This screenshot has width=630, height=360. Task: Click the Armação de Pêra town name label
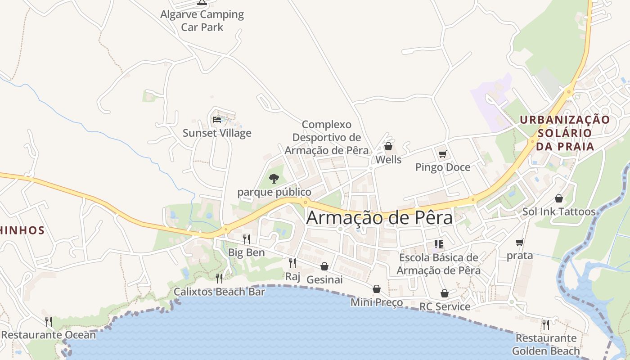(x=379, y=218)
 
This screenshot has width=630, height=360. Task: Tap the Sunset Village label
(x=217, y=133)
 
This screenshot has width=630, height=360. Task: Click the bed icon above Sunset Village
(x=217, y=120)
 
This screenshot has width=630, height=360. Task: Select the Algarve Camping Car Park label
(x=202, y=21)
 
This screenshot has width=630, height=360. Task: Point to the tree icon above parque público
(x=274, y=179)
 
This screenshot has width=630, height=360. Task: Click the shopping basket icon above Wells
(x=388, y=146)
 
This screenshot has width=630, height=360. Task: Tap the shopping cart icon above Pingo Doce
(x=442, y=154)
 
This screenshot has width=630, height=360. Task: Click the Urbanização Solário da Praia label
(x=565, y=133)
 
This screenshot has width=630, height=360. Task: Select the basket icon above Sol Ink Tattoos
(x=559, y=198)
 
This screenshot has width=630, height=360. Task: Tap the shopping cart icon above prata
(x=520, y=243)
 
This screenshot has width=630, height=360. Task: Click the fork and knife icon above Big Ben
(x=246, y=239)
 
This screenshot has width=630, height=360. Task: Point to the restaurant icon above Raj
(x=292, y=263)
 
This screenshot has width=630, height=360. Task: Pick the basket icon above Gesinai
(x=324, y=266)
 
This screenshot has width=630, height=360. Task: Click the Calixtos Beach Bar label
(x=220, y=292)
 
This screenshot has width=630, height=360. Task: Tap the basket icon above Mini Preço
(x=377, y=289)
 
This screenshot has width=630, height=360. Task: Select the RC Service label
(x=445, y=307)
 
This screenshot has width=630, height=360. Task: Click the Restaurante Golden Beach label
(x=546, y=345)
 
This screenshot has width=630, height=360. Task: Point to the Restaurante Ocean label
(x=49, y=335)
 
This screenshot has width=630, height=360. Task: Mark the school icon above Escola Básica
(x=439, y=244)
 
